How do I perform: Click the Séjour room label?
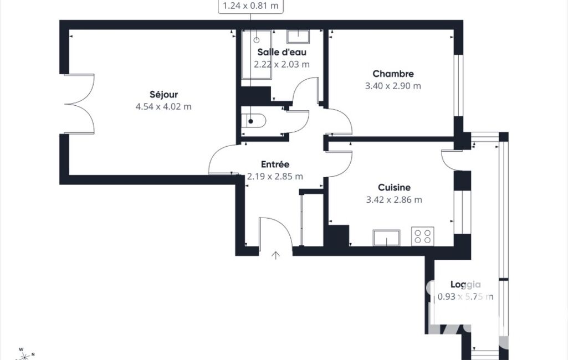(163, 95)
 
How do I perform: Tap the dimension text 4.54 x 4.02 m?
(163, 107)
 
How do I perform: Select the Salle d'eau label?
(282, 52)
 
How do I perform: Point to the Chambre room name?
(393, 74)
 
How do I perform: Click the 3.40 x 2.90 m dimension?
(393, 86)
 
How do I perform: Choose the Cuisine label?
(394, 188)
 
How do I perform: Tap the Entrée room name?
(275, 164)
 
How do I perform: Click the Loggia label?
(465, 285)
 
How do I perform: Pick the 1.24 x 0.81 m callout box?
(250, 6)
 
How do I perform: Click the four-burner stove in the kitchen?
(423, 236)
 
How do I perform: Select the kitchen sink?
(386, 238)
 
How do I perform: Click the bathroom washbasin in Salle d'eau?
(298, 37)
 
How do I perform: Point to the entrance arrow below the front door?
(275, 255)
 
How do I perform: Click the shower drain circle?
(257, 40)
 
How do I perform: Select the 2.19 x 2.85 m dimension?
(275, 177)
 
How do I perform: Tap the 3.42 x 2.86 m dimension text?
(394, 200)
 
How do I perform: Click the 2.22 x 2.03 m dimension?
(282, 64)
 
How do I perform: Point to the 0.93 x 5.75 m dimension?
(465, 297)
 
